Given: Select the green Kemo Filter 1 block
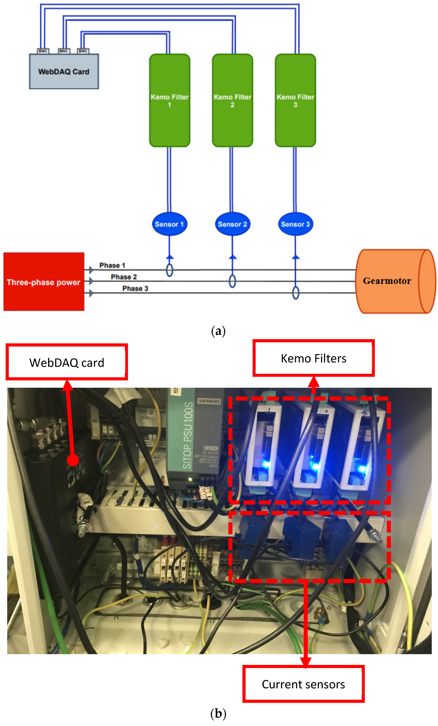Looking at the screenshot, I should pos(169,100).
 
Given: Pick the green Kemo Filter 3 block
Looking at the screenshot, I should pos(295,100).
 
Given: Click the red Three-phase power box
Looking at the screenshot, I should pos(44,282).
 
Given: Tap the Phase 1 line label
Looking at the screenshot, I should pos(112,265).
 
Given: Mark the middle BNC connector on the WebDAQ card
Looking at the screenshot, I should pos(63,51).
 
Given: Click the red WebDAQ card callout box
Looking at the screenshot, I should pos(67,362).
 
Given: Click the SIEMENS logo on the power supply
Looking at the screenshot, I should pos(209,401).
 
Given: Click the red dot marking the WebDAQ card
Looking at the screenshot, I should pos(72,460).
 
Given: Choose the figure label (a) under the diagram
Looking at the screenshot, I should pos(218,331).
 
